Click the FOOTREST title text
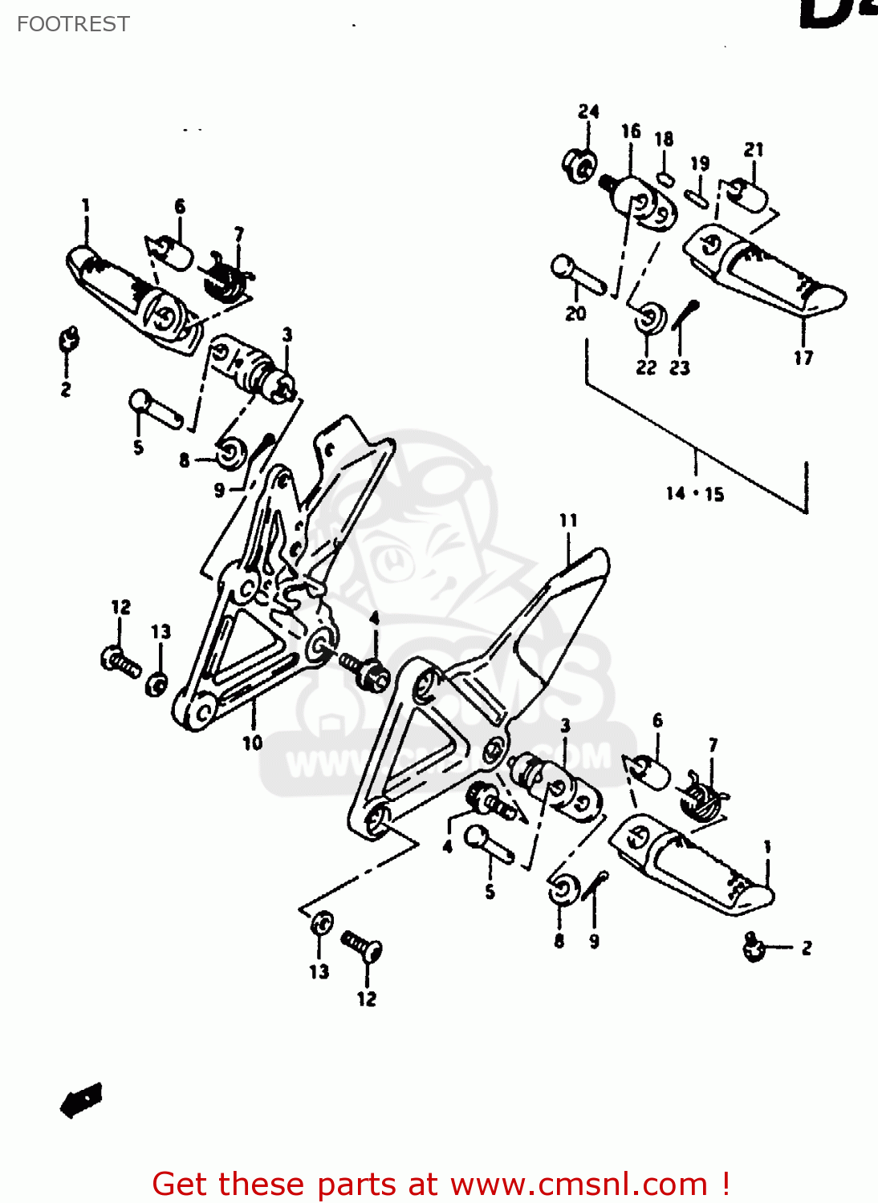coord(73,24)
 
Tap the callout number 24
coord(588,111)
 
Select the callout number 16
coord(631,131)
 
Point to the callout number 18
coord(664,140)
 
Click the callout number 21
coord(754,150)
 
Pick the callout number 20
coord(575,314)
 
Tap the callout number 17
coord(803,358)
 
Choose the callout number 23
coord(680,367)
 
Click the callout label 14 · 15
coord(694,494)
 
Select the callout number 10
coord(253,743)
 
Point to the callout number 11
coord(568,520)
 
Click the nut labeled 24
coord(578,165)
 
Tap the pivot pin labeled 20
coord(577,273)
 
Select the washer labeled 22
coord(649,318)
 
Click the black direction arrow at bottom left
coord(81,1100)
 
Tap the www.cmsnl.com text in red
coord(578,1184)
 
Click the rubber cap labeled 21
coord(748,195)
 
